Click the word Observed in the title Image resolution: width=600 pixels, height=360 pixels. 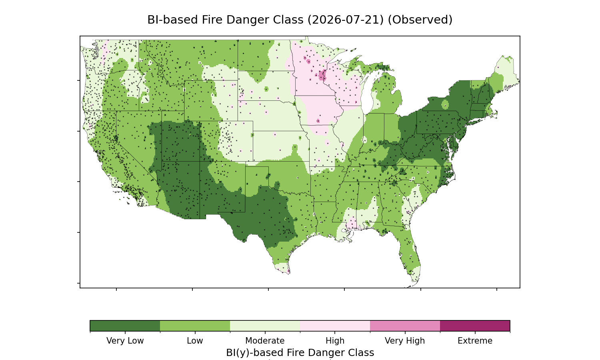420,20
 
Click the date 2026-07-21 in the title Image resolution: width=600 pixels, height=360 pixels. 346,20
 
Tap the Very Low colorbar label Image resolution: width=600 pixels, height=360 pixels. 125,341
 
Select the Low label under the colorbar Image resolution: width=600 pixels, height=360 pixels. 195,341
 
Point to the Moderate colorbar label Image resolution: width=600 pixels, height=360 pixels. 265,341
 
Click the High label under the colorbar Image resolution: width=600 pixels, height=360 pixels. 335,341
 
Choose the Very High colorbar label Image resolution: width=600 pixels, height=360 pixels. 405,341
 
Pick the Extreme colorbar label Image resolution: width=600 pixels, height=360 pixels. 475,341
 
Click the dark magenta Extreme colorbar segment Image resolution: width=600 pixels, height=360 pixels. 475,326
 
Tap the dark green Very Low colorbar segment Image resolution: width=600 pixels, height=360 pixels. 125,326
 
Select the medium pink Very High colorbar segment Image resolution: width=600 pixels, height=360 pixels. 405,326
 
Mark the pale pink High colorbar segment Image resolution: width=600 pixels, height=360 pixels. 335,326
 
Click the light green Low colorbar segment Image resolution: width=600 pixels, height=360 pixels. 195,326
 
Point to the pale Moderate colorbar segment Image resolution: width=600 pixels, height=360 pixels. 265,326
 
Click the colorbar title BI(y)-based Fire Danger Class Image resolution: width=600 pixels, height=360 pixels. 300,353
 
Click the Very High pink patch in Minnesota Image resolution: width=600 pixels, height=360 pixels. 322,75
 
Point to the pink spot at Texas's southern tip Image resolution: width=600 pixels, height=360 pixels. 288,272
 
